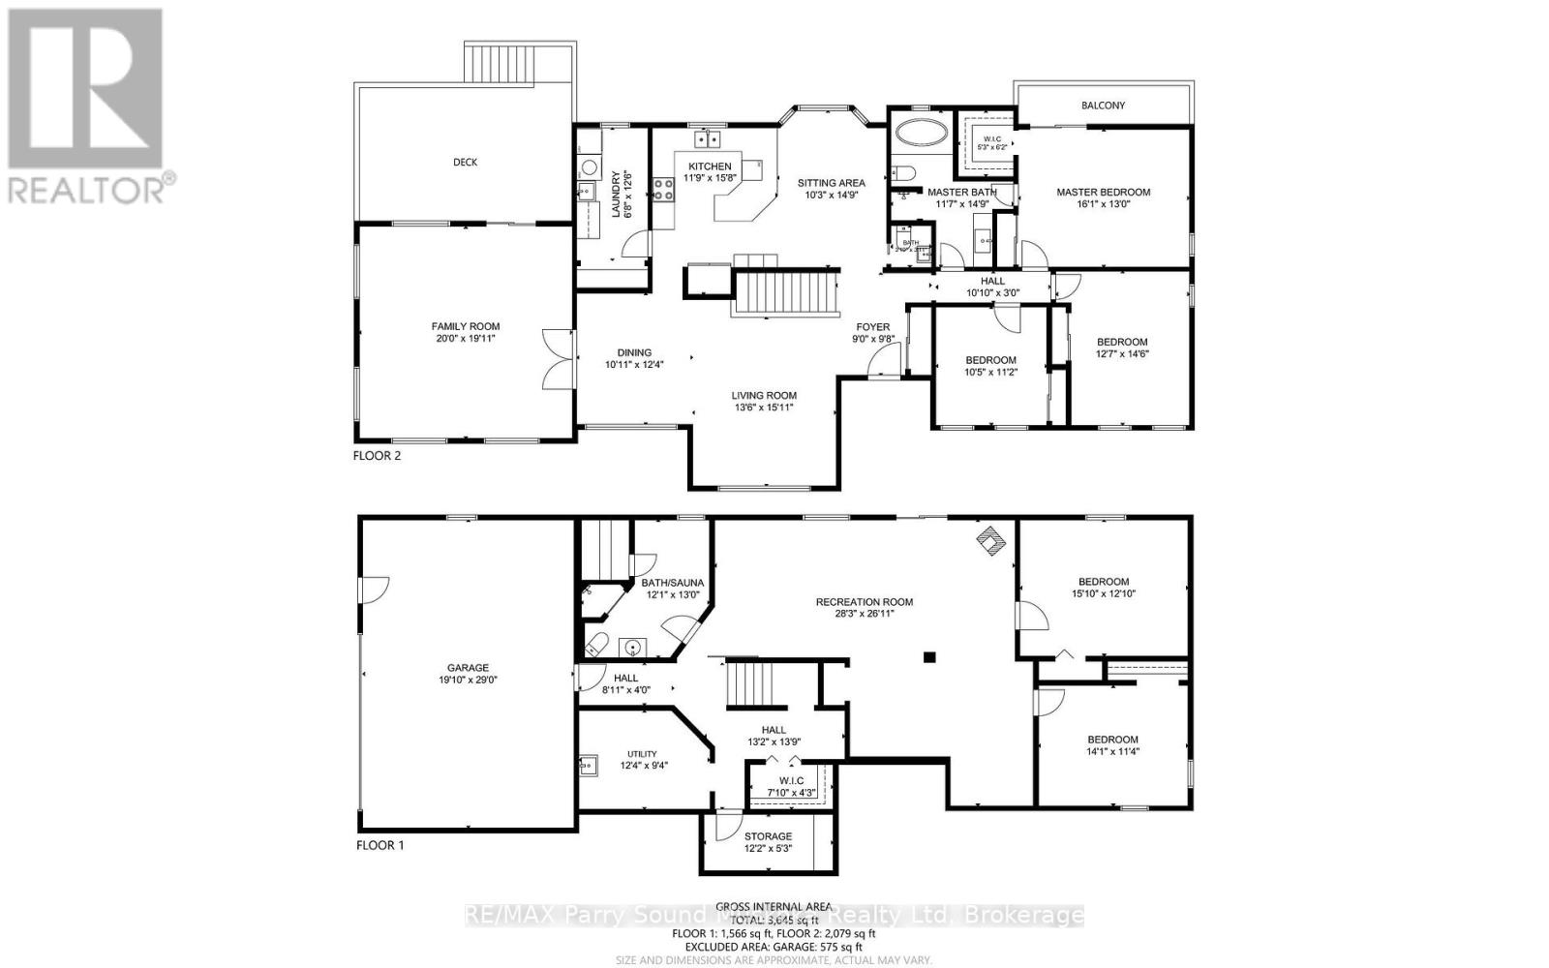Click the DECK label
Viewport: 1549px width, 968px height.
465,163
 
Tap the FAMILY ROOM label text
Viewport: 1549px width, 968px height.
466,327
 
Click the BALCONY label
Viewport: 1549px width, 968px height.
1103,106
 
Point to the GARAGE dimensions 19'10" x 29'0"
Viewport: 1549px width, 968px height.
468,681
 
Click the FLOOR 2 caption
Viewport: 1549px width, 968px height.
378,455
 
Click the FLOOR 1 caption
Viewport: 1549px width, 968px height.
380,845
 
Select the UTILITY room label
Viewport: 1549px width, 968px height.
642,754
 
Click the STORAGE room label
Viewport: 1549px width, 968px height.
768,836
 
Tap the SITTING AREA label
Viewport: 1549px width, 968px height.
831,182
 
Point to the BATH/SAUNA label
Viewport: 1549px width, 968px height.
672,583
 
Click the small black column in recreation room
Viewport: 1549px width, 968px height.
929,657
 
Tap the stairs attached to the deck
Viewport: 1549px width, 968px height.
521,64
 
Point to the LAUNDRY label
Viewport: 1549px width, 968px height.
616,194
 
